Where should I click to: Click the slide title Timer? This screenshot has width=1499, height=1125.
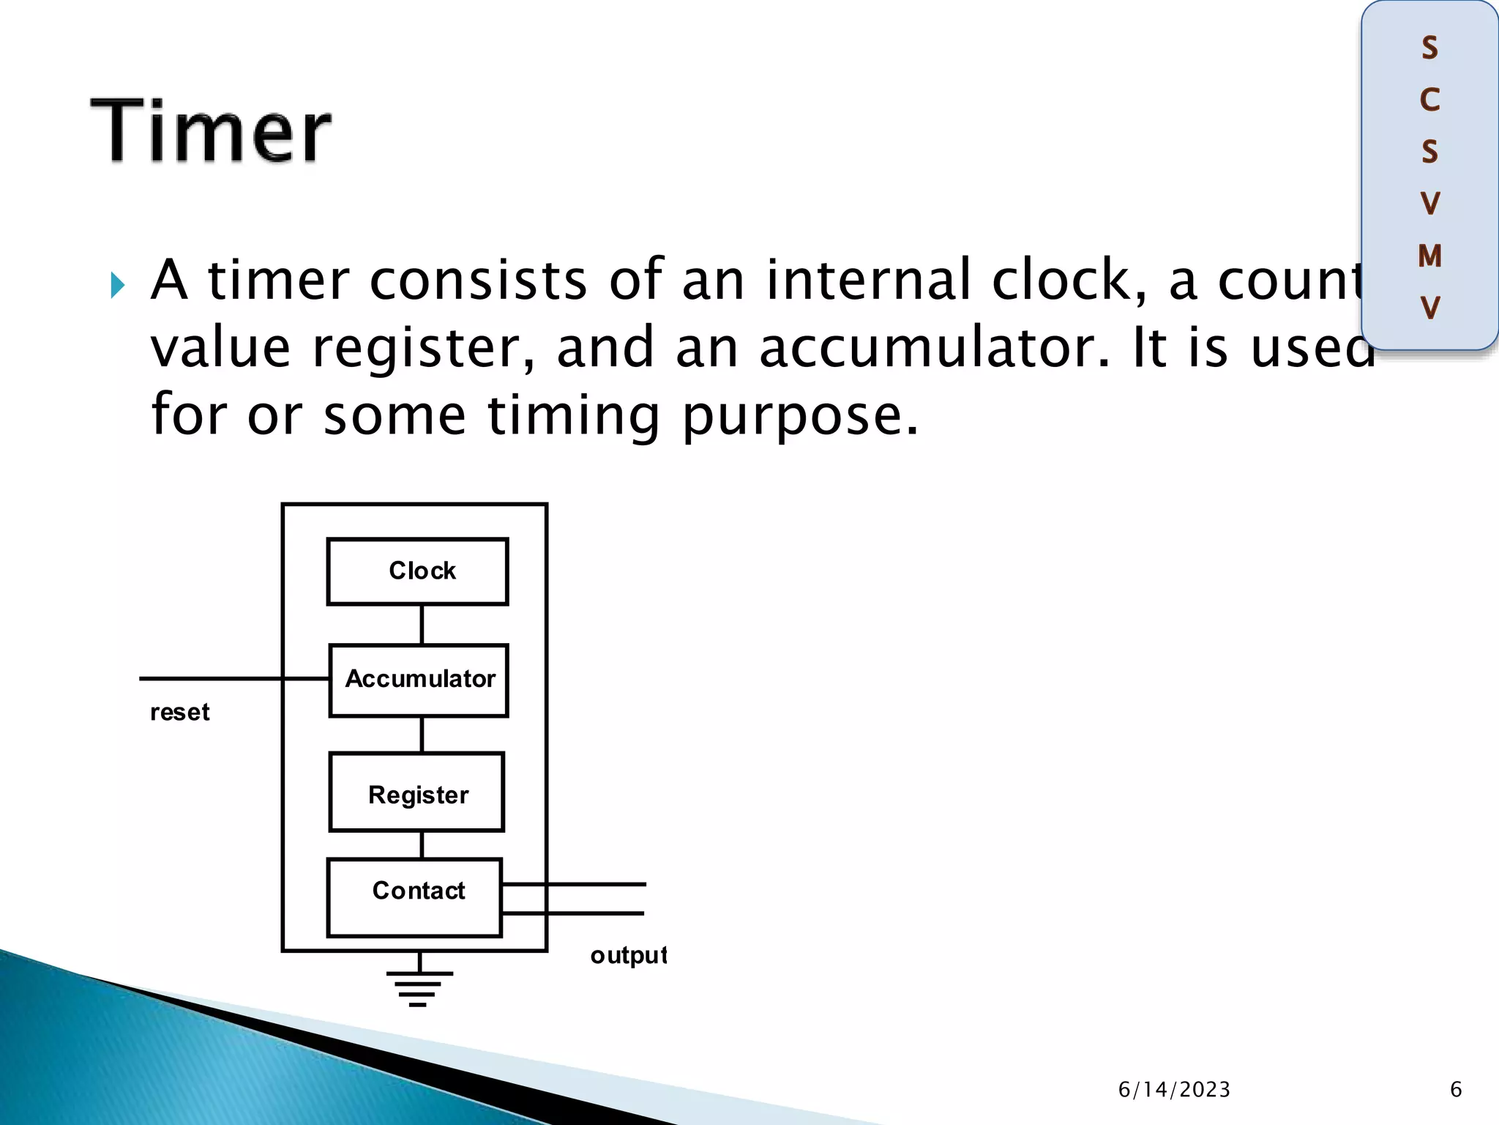click(x=211, y=132)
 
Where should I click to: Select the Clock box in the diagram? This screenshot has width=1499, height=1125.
click(x=417, y=571)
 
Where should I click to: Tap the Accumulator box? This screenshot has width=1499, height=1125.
click(x=419, y=680)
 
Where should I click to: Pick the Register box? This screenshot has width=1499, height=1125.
click(x=417, y=792)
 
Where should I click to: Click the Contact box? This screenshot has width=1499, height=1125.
click(x=415, y=896)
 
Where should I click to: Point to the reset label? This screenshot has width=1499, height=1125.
click(x=179, y=712)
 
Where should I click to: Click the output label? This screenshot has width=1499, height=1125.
click(x=628, y=956)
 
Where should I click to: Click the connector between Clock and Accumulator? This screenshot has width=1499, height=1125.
click(x=422, y=625)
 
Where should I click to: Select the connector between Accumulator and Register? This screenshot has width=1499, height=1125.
click(x=422, y=734)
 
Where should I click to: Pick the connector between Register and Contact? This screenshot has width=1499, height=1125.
click(x=422, y=844)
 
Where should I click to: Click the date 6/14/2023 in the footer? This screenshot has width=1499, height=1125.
click(x=1174, y=1090)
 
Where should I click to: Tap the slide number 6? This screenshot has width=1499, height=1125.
click(x=1456, y=1090)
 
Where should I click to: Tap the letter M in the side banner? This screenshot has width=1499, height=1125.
click(x=1429, y=256)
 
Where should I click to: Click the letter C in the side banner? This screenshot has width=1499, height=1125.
click(x=1429, y=100)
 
